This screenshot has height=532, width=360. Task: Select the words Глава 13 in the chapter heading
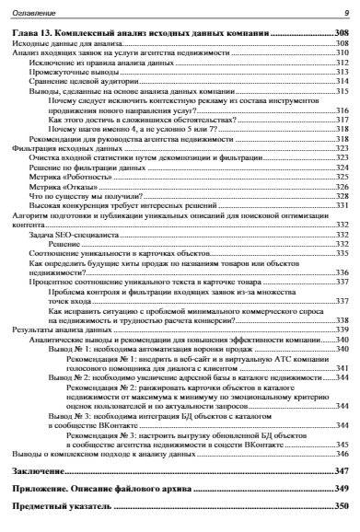click(x=37, y=32)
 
